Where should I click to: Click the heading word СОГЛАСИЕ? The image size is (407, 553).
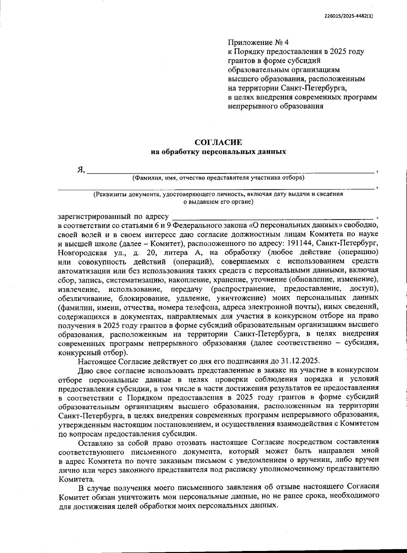point(218,142)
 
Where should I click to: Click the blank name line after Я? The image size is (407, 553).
point(231,171)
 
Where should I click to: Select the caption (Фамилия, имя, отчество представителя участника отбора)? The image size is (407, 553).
point(218,177)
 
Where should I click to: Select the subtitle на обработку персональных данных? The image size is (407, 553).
point(218,152)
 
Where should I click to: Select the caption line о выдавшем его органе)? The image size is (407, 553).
point(218,202)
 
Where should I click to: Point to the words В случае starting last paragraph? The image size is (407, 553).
point(92,488)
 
